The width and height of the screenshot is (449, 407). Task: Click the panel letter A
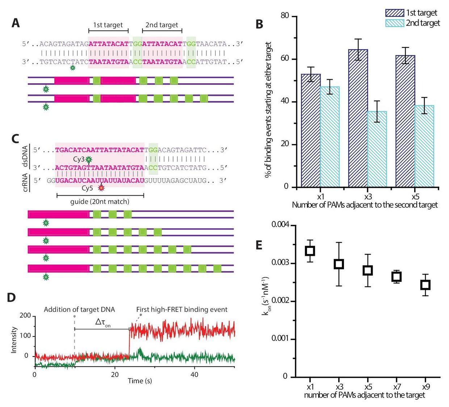[x=16, y=24]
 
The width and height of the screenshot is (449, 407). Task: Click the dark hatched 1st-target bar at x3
[x=358, y=118]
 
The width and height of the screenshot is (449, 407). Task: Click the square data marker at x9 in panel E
[x=425, y=285]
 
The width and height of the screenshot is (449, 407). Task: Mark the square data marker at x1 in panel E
[x=310, y=250]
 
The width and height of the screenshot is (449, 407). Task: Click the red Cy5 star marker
[x=101, y=188]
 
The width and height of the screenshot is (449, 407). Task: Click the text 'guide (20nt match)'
[x=100, y=202]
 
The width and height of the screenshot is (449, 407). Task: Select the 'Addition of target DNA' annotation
[x=79, y=310]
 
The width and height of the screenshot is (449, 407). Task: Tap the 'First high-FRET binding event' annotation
[x=182, y=310]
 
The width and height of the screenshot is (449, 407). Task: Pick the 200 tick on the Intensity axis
[x=25, y=316]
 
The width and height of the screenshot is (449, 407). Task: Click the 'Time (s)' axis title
[x=140, y=381]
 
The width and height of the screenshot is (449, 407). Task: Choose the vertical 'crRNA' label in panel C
[x=26, y=182]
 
